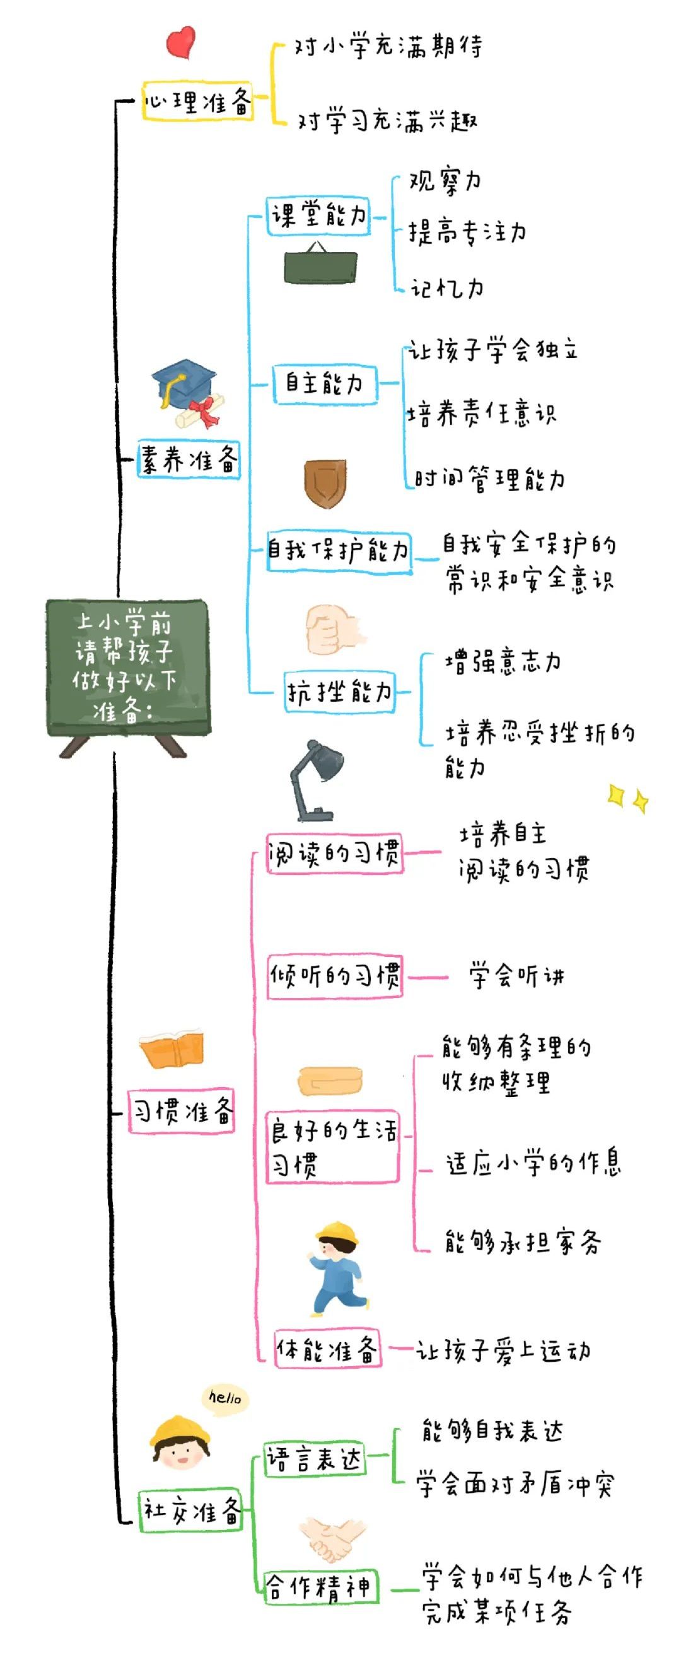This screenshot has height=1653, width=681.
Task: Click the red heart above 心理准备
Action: click(x=180, y=42)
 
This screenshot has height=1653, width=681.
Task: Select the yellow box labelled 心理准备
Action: click(x=197, y=101)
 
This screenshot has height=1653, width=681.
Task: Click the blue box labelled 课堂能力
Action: click(x=318, y=216)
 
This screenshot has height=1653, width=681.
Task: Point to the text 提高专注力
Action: click(x=467, y=232)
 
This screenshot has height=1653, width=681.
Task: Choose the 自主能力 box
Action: click(x=325, y=384)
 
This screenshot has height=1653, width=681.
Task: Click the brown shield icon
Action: click(x=325, y=483)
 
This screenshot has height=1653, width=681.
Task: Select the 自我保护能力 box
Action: click(x=339, y=550)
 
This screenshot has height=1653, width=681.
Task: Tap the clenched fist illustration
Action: click(x=332, y=630)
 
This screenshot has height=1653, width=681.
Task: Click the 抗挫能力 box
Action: click(x=339, y=692)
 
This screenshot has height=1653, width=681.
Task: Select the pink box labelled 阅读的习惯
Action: click(x=334, y=854)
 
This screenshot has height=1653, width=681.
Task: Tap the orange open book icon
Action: click(x=172, y=1050)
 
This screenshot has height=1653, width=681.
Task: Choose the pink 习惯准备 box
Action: click(x=182, y=1111)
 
